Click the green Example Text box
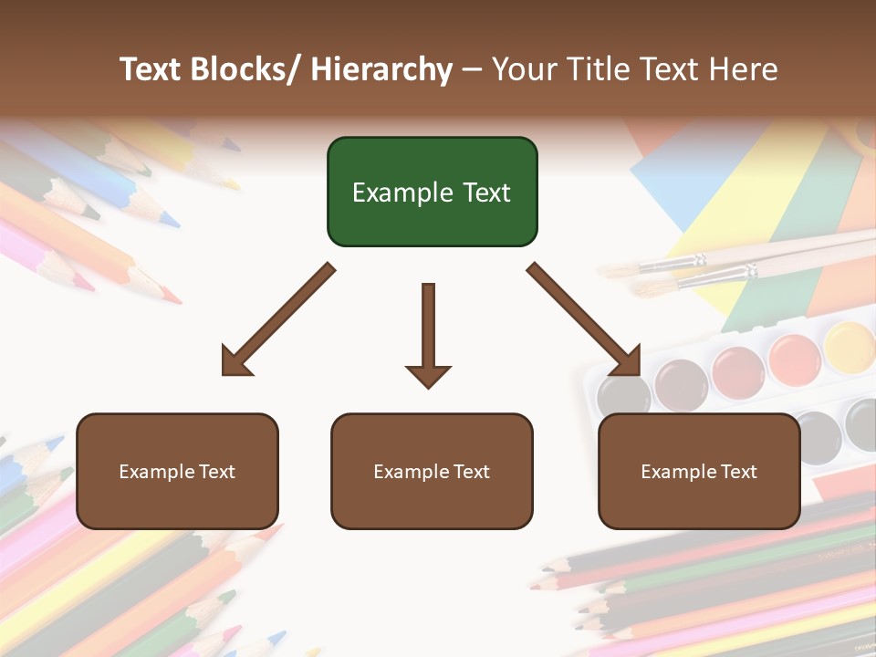coord(432,192)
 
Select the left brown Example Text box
coord(177,471)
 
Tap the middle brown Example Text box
coord(432,471)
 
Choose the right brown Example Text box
coord(699,471)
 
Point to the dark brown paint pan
coord(681,383)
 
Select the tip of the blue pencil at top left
coord(170,220)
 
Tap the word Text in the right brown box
coord(738,471)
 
